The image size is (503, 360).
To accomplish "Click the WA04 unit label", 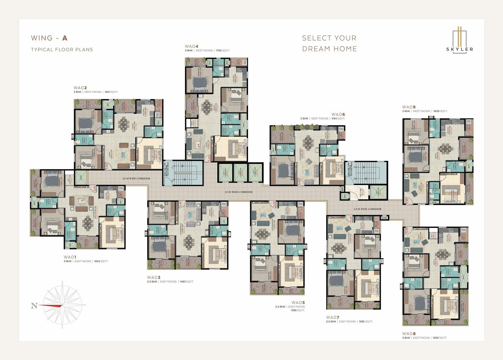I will point(191,46).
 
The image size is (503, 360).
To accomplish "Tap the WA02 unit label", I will point(80,88).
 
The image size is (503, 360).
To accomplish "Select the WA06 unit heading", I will point(338,114).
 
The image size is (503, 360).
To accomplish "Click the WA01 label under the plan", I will point(70,257).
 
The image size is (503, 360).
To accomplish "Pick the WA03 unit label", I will point(154,277).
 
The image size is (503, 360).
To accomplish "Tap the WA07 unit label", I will point(333,317).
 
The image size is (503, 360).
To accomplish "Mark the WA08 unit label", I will point(409,333).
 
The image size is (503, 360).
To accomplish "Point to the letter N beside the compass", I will point(34,306).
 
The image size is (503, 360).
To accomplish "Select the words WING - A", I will point(49,38).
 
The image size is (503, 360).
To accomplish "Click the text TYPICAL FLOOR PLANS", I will point(62,49).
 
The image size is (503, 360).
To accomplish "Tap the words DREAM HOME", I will point(329,49).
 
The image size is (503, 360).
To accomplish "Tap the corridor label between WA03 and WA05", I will point(238,192).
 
